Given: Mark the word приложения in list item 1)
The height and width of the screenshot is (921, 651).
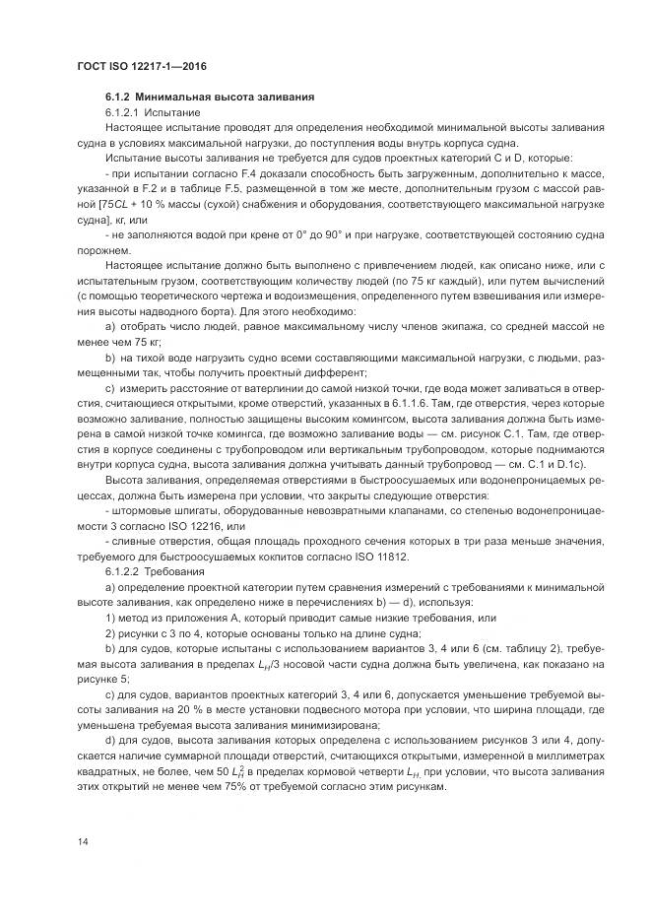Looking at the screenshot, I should (196, 618).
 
